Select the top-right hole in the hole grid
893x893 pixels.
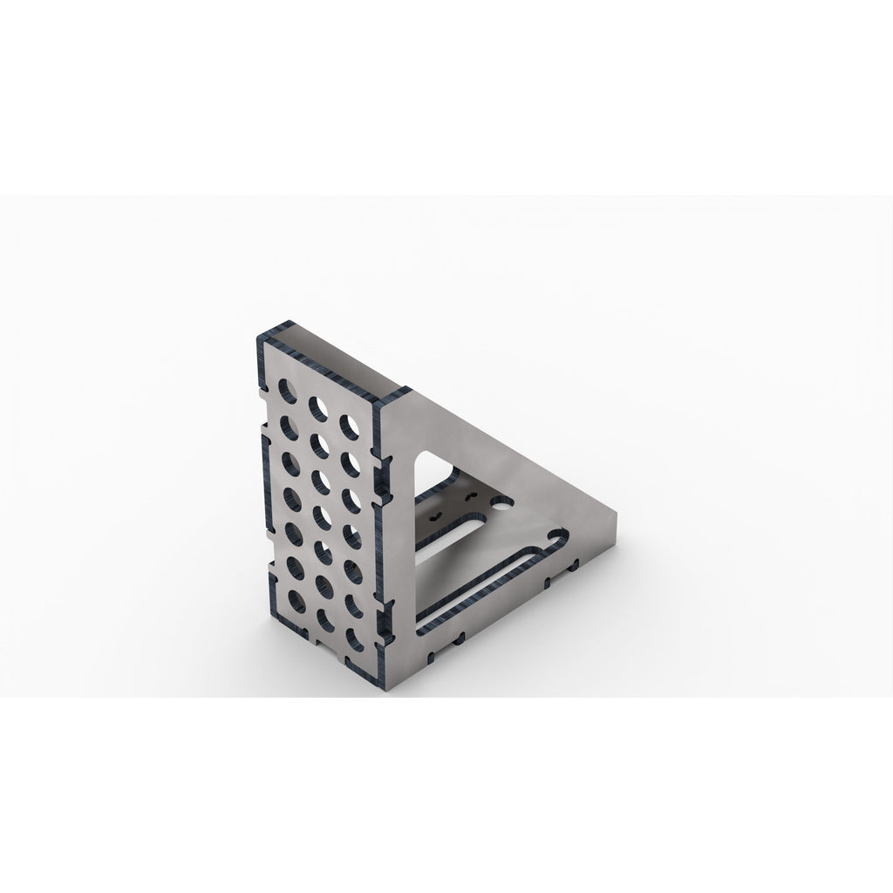tap(351, 425)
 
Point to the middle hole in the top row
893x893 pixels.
tap(317, 406)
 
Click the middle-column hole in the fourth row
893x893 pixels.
tap(320, 514)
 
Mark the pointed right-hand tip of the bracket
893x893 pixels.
tap(617, 516)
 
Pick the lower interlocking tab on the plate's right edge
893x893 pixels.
tap(380, 622)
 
